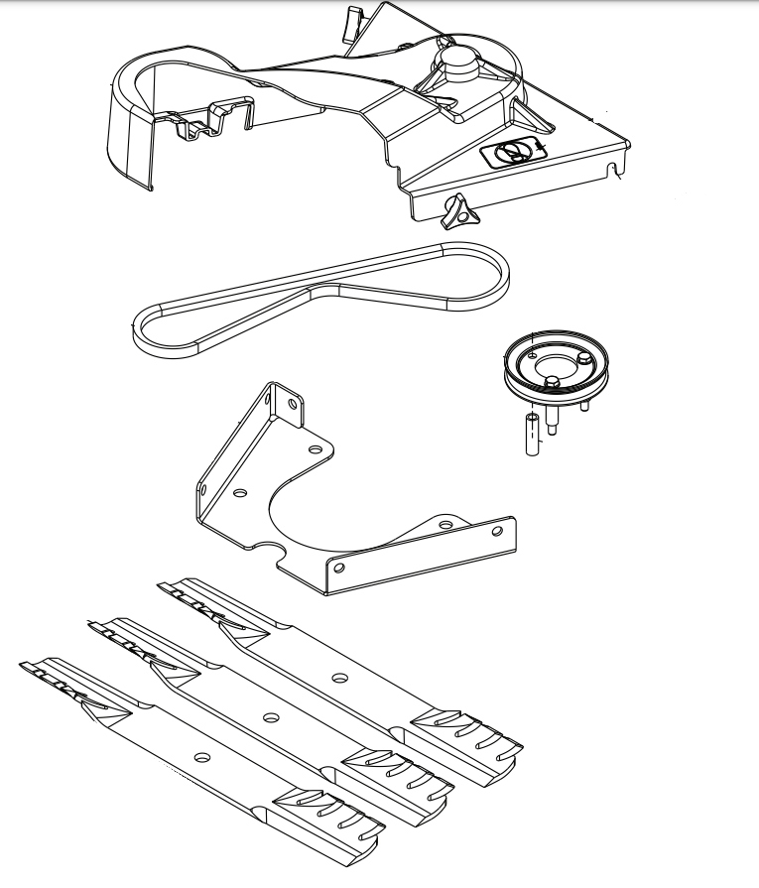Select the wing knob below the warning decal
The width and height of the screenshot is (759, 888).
458,210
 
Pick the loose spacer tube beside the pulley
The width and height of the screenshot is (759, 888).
532,436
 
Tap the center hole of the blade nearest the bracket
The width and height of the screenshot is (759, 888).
339,679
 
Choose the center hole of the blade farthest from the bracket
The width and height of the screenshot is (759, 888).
202,757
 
